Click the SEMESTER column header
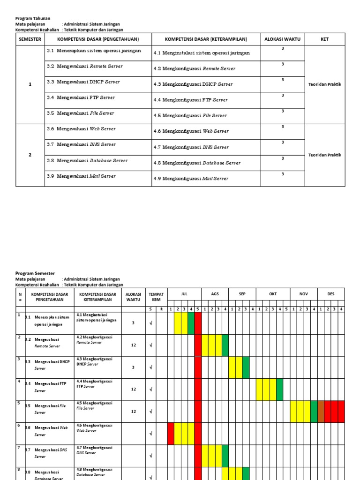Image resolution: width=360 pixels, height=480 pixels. tap(30, 39)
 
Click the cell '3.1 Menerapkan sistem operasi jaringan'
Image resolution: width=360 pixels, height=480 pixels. tap(94, 51)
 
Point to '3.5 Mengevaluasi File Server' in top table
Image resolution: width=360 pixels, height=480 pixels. tap(80, 113)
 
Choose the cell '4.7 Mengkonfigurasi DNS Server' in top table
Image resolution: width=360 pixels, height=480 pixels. tap(191, 147)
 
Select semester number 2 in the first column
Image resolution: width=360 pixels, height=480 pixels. tap(30, 155)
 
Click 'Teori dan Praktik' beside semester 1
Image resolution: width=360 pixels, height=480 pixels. tap(325, 84)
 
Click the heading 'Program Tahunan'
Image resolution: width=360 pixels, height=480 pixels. tap(32, 18)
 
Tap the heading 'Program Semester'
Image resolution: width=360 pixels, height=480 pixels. tap(35, 273)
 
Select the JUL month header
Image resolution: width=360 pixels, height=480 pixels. tap(184, 294)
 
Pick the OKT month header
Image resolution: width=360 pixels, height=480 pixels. tap(273, 294)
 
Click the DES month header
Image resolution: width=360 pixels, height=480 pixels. tap(331, 294)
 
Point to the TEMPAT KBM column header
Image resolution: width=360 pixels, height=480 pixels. tap(156, 297)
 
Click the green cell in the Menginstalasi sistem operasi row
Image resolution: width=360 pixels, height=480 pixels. tap(191, 323)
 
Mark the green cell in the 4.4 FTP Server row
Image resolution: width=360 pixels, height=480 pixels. tap(280, 389)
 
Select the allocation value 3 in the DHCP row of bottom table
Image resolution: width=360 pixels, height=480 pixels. tap(133, 367)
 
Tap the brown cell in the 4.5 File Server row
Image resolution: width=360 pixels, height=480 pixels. tap(321, 412)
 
